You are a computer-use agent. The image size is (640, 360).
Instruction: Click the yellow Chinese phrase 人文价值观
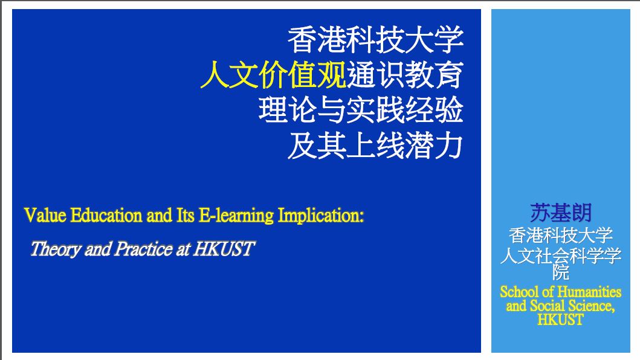[273, 75]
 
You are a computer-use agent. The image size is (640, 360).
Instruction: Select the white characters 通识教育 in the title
[405, 75]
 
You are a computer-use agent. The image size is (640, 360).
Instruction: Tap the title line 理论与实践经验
[361, 110]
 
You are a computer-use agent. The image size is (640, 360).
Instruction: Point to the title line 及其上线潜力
[375, 146]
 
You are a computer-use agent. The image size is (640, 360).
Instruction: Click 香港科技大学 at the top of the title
[375, 40]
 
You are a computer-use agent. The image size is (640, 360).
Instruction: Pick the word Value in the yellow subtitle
[45, 215]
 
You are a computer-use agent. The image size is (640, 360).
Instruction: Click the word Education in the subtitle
[106, 215]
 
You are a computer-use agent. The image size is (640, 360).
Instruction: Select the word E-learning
[236, 216]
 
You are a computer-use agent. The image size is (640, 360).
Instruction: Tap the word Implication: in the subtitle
[321, 216]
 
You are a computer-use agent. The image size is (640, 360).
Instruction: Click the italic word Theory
[56, 249]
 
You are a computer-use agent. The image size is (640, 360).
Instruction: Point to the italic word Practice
[143, 249]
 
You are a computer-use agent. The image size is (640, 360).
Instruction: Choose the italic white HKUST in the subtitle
[224, 249]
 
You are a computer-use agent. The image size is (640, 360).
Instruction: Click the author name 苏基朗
[561, 212]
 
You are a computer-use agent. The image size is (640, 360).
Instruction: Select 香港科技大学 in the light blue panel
[561, 235]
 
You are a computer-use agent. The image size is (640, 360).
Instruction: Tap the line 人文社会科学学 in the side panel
[561, 256]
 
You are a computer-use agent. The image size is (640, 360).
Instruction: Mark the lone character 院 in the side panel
[561, 272]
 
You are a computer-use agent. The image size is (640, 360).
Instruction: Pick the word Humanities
[589, 292]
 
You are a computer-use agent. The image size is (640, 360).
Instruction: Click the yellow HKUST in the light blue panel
[560, 320]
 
